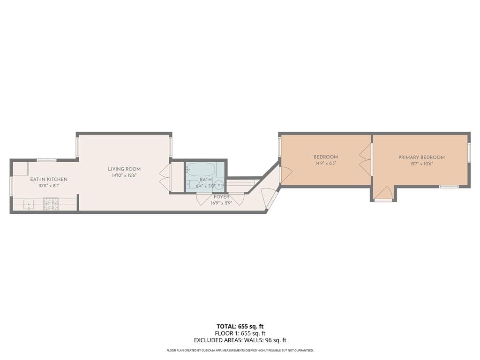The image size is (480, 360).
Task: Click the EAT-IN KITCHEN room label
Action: click(49, 180)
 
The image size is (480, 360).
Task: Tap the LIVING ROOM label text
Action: click(124, 169)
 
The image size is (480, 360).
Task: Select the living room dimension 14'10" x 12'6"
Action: click(124, 176)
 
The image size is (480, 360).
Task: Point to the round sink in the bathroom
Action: click(219, 184)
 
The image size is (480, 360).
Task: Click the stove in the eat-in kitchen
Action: click(51, 204)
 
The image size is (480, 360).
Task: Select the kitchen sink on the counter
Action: click(29, 204)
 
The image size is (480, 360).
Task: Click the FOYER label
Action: click(222, 197)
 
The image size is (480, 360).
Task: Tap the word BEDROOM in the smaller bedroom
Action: click(326, 157)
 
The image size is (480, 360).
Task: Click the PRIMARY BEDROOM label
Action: click(421, 157)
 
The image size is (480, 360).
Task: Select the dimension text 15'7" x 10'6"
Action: click(421, 164)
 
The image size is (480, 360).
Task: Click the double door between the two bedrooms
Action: click(366, 159)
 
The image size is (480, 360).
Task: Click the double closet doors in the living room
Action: click(165, 177)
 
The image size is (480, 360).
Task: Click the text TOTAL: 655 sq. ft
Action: click(240, 326)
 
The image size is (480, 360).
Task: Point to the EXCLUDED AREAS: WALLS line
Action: click(240, 340)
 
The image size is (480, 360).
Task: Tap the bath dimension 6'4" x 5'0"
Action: click(206, 186)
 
